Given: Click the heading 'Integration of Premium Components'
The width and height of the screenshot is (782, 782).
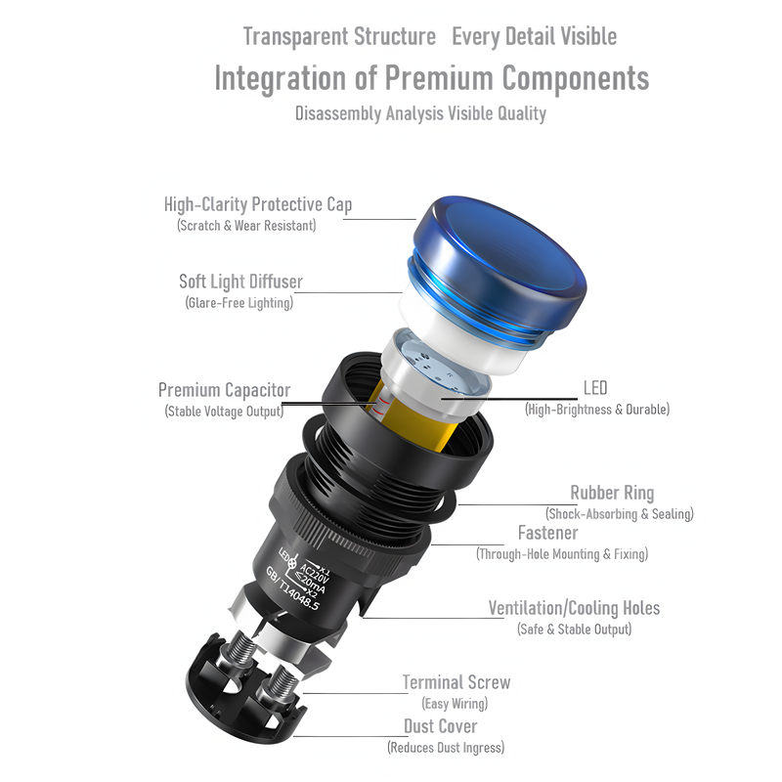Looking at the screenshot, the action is (x=432, y=79).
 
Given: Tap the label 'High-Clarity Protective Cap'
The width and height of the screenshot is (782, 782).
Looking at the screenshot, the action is (x=258, y=204).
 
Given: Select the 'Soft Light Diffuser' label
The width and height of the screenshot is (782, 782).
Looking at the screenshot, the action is (x=240, y=282).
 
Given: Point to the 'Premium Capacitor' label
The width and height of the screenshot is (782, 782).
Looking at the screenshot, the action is (x=225, y=390).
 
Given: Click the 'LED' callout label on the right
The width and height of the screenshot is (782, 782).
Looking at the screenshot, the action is (x=595, y=388).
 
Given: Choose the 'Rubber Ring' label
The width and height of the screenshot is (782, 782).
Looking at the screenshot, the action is (x=612, y=493).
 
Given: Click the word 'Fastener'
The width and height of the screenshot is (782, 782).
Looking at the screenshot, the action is (x=548, y=533).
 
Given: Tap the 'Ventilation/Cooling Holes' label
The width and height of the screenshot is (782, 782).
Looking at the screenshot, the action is (x=574, y=608).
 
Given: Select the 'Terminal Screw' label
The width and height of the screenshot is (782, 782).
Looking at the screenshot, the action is (x=456, y=682).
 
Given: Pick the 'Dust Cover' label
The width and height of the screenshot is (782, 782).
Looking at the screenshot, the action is (x=441, y=726).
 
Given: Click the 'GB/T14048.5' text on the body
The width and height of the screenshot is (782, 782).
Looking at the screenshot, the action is (x=292, y=589).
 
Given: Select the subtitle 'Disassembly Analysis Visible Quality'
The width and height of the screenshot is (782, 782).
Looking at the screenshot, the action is (x=420, y=113).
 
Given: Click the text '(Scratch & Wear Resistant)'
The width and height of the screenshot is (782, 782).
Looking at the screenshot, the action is (x=246, y=226).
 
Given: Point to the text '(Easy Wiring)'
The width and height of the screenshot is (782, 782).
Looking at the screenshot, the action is (x=455, y=704).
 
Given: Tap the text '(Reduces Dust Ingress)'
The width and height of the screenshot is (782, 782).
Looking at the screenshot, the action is (x=446, y=748).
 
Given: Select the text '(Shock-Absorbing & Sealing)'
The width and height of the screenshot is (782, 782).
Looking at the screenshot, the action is (x=620, y=514).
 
